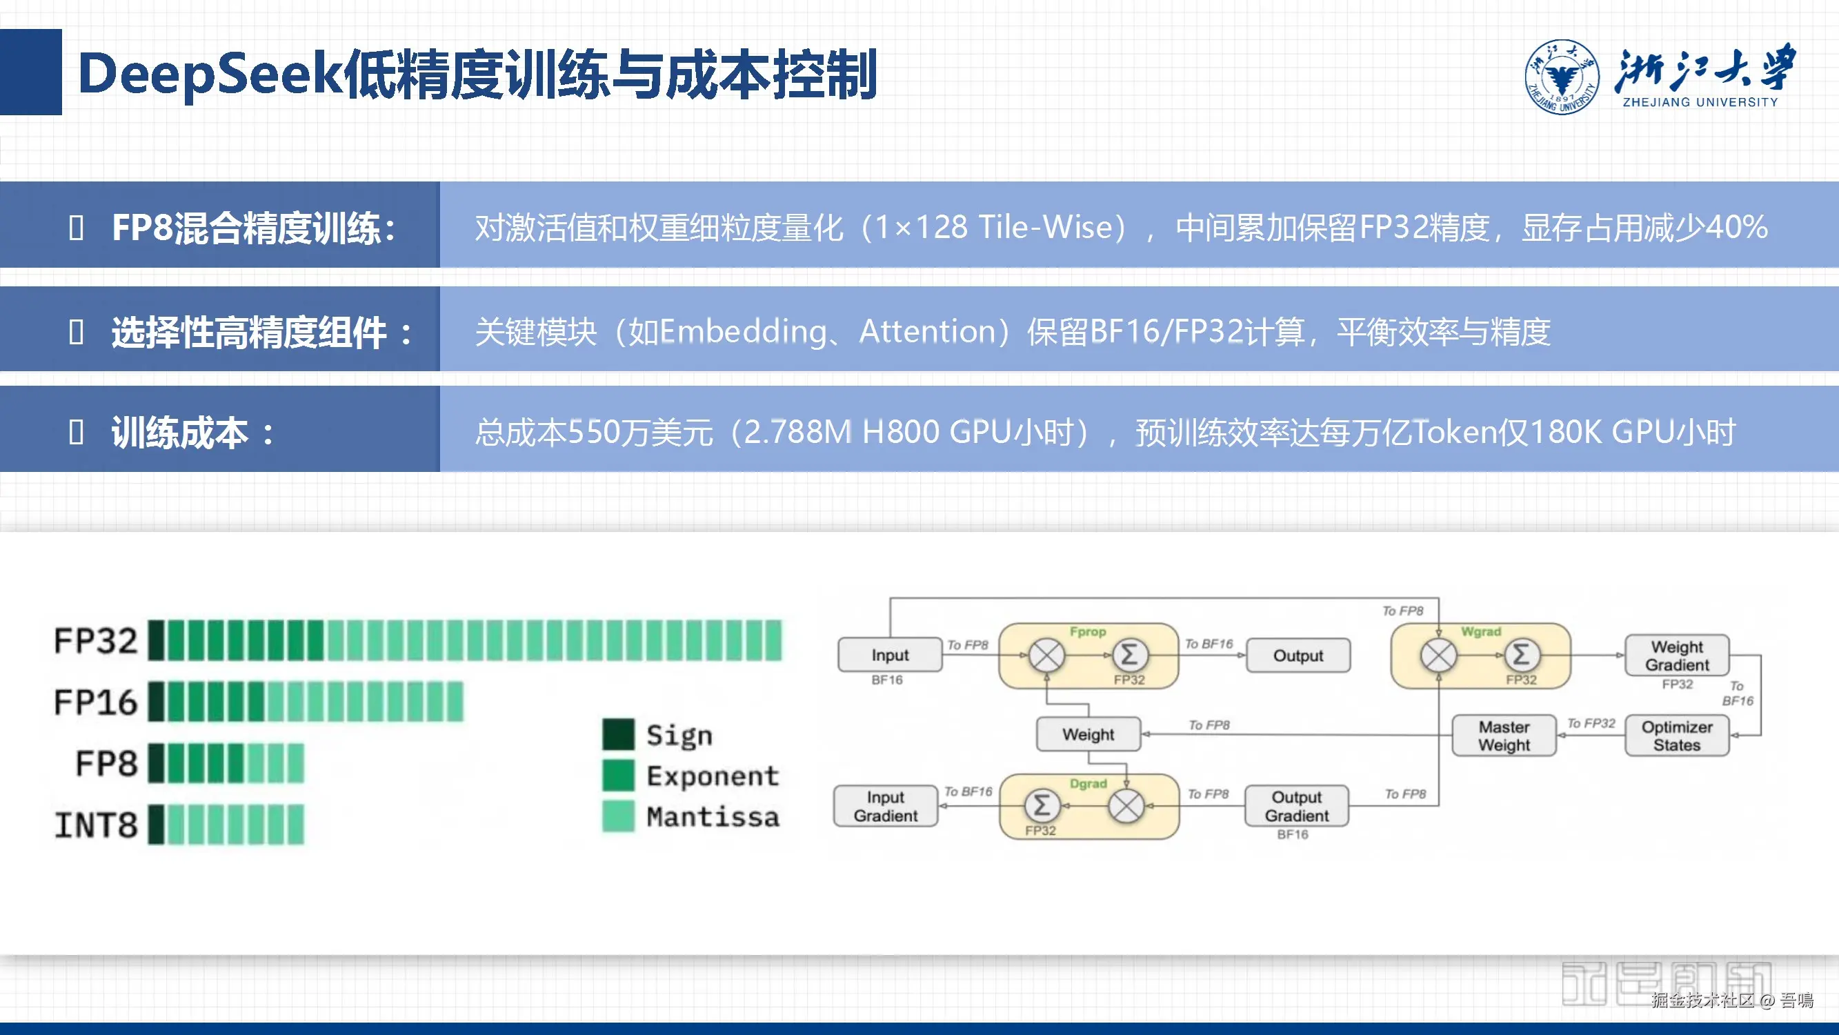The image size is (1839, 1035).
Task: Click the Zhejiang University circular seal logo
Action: click(x=1561, y=77)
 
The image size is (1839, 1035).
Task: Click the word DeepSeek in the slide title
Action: click(x=210, y=75)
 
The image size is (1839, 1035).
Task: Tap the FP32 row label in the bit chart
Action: click(x=96, y=641)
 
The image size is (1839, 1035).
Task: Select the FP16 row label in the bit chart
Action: click(x=96, y=702)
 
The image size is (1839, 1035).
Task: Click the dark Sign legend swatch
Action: click(x=617, y=734)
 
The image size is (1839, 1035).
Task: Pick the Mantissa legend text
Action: click(x=713, y=816)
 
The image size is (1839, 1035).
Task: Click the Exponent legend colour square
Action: click(x=617, y=776)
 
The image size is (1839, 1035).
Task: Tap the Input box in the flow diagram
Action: click(x=890, y=655)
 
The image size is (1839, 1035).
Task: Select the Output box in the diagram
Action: click(x=1298, y=655)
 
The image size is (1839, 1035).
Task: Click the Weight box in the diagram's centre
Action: click(x=1088, y=734)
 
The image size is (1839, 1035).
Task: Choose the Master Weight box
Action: click(x=1504, y=736)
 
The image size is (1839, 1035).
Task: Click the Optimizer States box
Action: click(x=1676, y=736)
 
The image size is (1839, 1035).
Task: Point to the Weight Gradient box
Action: click(x=1676, y=655)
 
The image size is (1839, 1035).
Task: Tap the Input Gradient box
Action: click(x=885, y=806)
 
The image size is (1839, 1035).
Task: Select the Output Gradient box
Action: click(x=1296, y=806)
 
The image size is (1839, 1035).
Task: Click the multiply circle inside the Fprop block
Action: click(x=1046, y=655)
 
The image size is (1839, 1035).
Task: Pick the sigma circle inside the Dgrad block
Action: click(x=1042, y=806)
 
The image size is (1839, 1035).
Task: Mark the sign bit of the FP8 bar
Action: click(x=156, y=764)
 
